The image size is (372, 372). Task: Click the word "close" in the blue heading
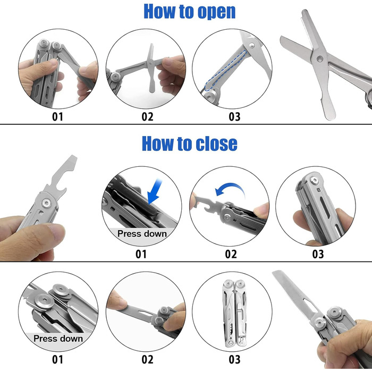(x=217, y=143)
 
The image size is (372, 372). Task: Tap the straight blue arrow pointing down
(x=155, y=191)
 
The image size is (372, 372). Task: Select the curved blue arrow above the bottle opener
(x=230, y=189)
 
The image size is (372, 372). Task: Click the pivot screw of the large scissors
(x=320, y=58)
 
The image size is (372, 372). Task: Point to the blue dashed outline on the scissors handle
(x=225, y=71)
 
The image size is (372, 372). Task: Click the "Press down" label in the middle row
(x=142, y=234)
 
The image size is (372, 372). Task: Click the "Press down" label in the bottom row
(x=58, y=339)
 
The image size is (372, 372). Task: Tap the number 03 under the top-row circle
(x=234, y=117)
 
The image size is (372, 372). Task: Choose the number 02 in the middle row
(x=231, y=254)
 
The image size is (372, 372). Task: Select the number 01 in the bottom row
(x=57, y=359)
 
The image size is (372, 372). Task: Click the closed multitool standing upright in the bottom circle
(x=234, y=314)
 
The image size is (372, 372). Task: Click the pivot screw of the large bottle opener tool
(x=46, y=203)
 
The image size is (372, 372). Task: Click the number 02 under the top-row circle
(x=147, y=117)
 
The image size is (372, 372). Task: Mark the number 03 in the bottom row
(x=234, y=359)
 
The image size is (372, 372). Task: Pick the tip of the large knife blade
(x=273, y=272)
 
